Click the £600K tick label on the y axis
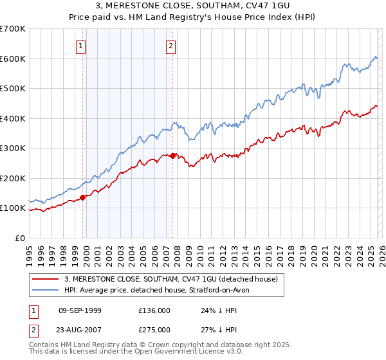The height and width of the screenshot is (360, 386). point(12,59)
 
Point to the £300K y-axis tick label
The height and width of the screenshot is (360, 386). point(12,148)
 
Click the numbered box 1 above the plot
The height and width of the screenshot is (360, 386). point(82,46)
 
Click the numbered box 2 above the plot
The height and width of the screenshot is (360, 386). point(171,46)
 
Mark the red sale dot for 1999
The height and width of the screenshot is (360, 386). point(83,197)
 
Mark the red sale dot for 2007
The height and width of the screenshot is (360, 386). point(173,156)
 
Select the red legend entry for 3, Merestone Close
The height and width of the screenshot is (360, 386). point(170,279)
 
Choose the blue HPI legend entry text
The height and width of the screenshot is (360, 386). point(160,290)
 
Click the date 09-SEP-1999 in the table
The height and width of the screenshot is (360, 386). point(80,310)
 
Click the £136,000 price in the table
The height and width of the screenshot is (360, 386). point(154,310)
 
